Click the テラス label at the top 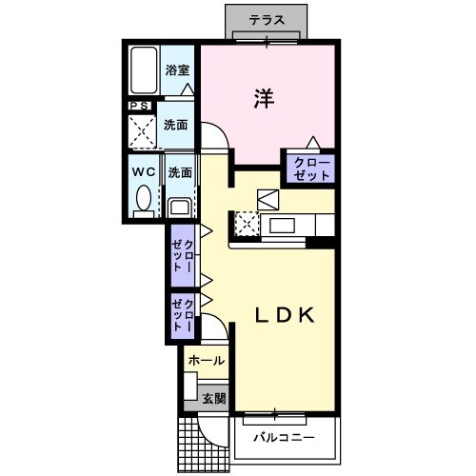tap(267, 19)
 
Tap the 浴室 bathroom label tap(177, 69)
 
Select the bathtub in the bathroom tap(144, 70)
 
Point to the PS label tap(139, 106)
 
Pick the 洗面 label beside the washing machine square tap(175, 126)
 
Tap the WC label tap(144, 172)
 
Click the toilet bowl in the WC tap(144, 199)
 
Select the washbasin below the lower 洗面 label tap(178, 206)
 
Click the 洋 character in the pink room tap(264, 98)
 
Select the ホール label tap(206, 361)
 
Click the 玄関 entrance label tap(212, 398)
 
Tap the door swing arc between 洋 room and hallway tap(215, 143)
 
